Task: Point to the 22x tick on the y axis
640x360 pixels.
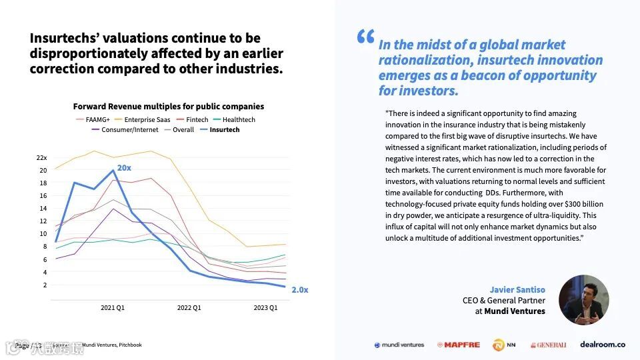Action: pyautogui.click(x=41, y=158)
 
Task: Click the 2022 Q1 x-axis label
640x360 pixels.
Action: pyautogui.click(x=189, y=308)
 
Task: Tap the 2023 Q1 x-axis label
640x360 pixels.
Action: pyautogui.click(x=265, y=308)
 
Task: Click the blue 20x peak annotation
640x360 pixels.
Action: pyautogui.click(x=124, y=167)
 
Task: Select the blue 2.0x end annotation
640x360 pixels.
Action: pyautogui.click(x=300, y=290)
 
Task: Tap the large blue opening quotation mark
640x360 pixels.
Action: pyautogui.click(x=365, y=37)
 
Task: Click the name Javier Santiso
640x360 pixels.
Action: pyautogui.click(x=517, y=290)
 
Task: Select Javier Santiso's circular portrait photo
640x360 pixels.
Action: pyautogui.click(x=583, y=300)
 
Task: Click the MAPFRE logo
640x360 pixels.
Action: pyautogui.click(x=459, y=345)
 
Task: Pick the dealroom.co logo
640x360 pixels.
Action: pyautogui.click(x=603, y=345)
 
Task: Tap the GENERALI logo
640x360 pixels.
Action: pyautogui.click(x=548, y=345)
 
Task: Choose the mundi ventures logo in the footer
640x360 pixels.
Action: pyautogui.click(x=399, y=345)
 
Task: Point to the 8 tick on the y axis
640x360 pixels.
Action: pyautogui.click(x=45, y=247)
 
